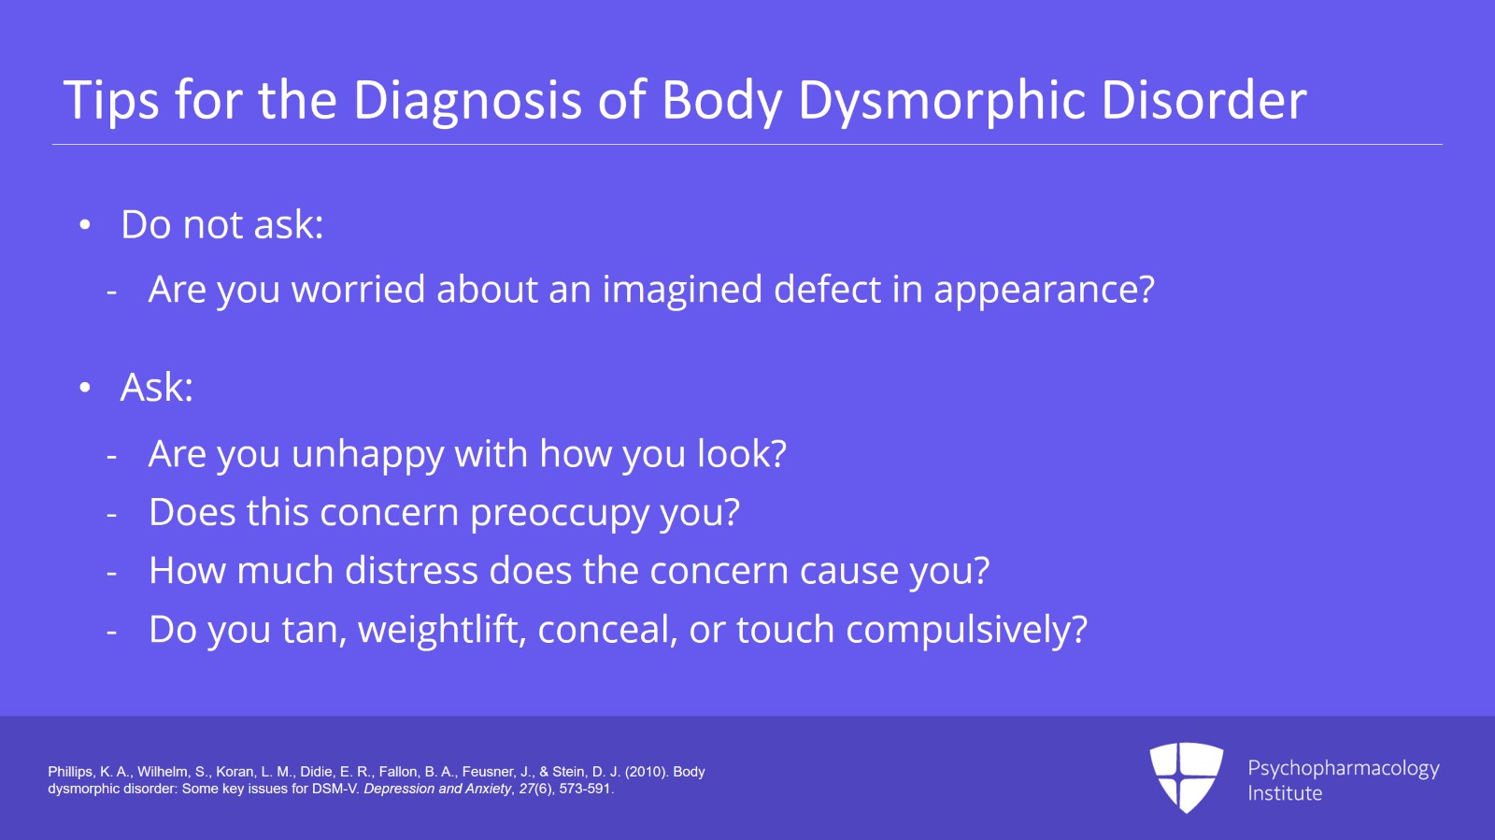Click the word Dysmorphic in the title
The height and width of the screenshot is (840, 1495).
(x=943, y=101)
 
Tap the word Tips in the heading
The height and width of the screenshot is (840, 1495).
(x=111, y=101)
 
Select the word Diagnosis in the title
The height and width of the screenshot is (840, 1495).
(x=467, y=101)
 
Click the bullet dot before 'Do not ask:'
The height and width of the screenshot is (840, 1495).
(x=84, y=225)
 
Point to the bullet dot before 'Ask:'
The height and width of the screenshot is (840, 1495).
(x=84, y=388)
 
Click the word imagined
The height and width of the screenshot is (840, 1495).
(x=682, y=291)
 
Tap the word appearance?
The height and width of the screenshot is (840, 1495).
(x=1044, y=292)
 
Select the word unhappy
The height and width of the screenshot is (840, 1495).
(x=368, y=455)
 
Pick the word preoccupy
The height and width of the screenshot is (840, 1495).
(x=560, y=514)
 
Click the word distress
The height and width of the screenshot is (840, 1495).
(x=411, y=571)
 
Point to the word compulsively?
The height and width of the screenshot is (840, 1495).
(x=966, y=630)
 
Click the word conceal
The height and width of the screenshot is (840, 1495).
(x=607, y=630)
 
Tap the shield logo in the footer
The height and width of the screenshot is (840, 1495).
(x=1186, y=777)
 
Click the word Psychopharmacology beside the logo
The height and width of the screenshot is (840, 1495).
(x=1344, y=769)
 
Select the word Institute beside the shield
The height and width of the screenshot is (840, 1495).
(x=1285, y=793)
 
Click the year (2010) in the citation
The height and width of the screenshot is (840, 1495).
(x=647, y=772)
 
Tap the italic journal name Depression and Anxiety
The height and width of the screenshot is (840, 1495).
(x=437, y=790)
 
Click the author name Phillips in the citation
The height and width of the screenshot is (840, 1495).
(x=71, y=772)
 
